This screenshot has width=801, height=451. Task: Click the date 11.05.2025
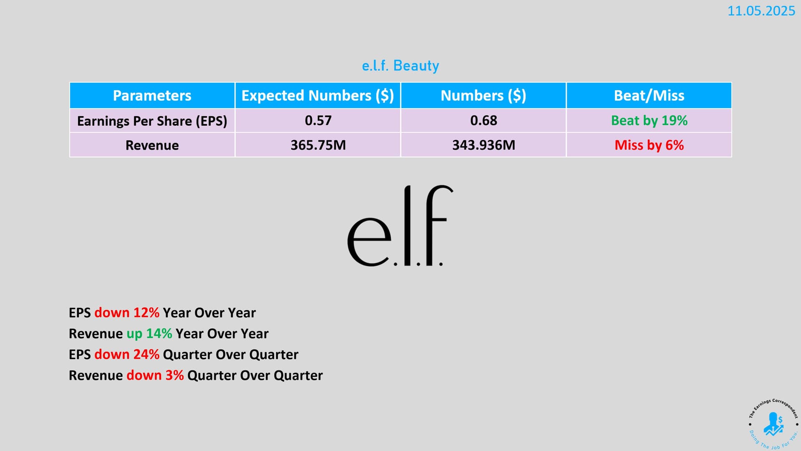[761, 11]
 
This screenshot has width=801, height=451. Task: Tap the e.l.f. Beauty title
[400, 66]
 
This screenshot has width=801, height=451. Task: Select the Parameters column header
[152, 96]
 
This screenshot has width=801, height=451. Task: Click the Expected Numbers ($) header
[318, 96]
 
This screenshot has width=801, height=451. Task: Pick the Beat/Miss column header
[649, 96]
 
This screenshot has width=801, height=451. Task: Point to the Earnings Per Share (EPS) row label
[152, 121]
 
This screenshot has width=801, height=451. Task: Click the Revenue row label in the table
[152, 145]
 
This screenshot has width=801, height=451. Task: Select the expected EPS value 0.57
[318, 121]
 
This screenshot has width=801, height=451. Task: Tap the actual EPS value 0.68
[484, 121]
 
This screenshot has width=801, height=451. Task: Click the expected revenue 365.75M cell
[318, 145]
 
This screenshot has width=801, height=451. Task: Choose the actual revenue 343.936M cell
[484, 145]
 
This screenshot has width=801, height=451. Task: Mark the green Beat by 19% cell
[649, 121]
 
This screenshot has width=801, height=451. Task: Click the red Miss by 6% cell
[649, 145]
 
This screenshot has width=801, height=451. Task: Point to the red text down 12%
[127, 313]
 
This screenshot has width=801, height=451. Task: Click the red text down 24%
[127, 355]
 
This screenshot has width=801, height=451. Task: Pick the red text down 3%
[155, 375]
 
